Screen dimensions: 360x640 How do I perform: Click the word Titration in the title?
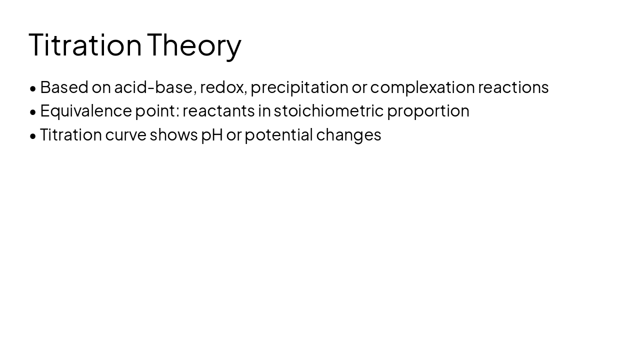click(x=85, y=45)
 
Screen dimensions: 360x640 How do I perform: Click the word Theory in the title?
click(x=194, y=45)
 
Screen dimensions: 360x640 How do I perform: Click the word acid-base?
click(x=155, y=87)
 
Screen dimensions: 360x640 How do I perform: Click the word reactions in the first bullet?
click(x=513, y=87)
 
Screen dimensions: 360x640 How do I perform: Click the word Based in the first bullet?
click(x=64, y=87)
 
